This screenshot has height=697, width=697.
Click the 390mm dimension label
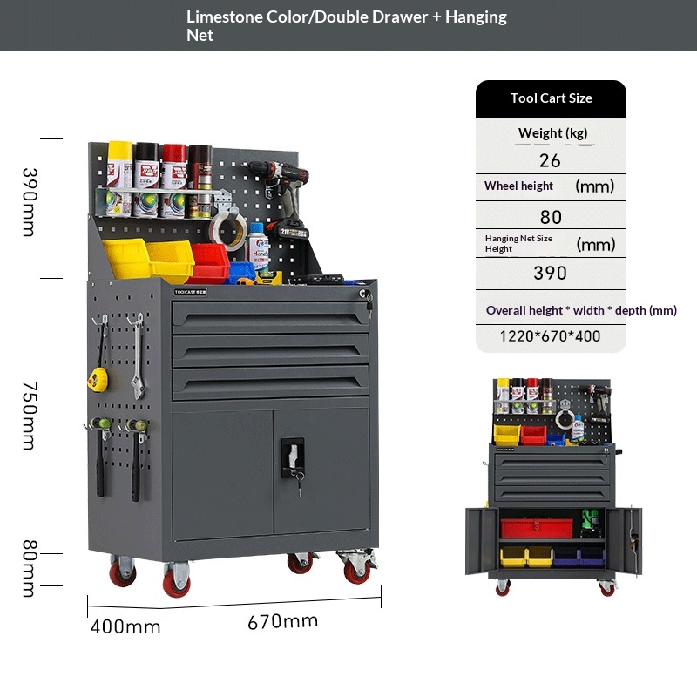[x=29, y=202]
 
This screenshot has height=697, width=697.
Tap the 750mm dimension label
[x=29, y=416]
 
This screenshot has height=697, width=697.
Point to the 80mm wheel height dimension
[x=29, y=569]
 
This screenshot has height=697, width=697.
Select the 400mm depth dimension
[x=125, y=626]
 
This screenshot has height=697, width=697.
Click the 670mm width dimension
[x=282, y=621]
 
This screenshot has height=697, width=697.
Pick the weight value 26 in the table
[x=550, y=160]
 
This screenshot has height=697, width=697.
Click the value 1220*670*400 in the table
[x=550, y=336]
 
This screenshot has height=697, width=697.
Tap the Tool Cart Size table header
[x=551, y=98]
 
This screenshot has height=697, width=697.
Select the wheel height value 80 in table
[x=551, y=217]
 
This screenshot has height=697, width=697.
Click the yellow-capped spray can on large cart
[x=119, y=179]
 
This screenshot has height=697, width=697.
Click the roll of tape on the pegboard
[x=228, y=230]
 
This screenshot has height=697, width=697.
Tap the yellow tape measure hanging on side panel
[x=98, y=379]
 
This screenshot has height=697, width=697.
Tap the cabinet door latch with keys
[x=293, y=463]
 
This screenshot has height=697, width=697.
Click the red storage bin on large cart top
[x=208, y=263]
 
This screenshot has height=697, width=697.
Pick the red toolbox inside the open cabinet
[x=537, y=528]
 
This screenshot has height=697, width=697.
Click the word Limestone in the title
[x=225, y=17]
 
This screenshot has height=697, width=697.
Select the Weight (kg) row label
[x=552, y=133]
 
